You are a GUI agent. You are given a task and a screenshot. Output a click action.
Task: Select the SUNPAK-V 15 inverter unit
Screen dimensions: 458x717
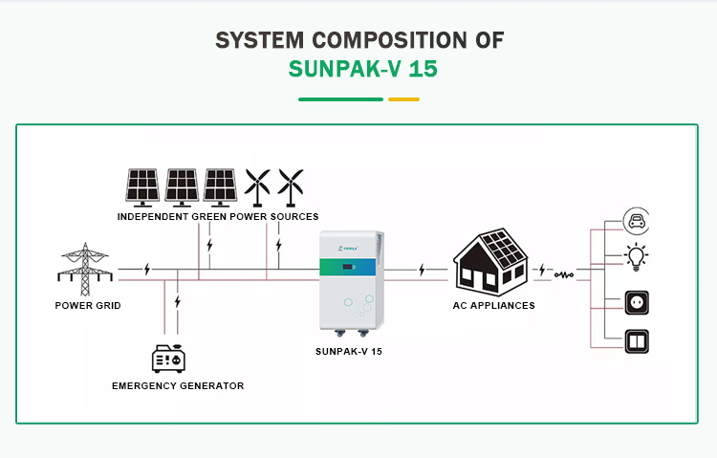(350, 285)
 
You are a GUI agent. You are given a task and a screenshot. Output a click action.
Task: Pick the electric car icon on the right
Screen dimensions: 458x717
(636, 222)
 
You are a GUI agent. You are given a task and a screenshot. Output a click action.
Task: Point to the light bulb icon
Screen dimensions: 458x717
(636, 256)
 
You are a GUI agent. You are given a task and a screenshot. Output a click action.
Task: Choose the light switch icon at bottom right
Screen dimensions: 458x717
(636, 340)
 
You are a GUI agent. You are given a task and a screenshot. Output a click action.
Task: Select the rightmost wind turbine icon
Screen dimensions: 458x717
(291, 186)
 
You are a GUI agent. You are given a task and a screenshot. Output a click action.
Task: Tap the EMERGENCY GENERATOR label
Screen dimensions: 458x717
(178, 386)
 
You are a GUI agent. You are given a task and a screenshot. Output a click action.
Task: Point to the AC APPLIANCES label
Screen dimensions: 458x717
(493, 306)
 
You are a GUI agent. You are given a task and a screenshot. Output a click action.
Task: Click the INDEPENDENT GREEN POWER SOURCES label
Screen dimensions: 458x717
(218, 217)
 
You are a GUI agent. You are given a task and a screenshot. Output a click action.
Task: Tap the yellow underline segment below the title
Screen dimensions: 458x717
(403, 98)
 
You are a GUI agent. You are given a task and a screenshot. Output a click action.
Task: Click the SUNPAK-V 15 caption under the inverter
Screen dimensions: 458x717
(349, 352)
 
